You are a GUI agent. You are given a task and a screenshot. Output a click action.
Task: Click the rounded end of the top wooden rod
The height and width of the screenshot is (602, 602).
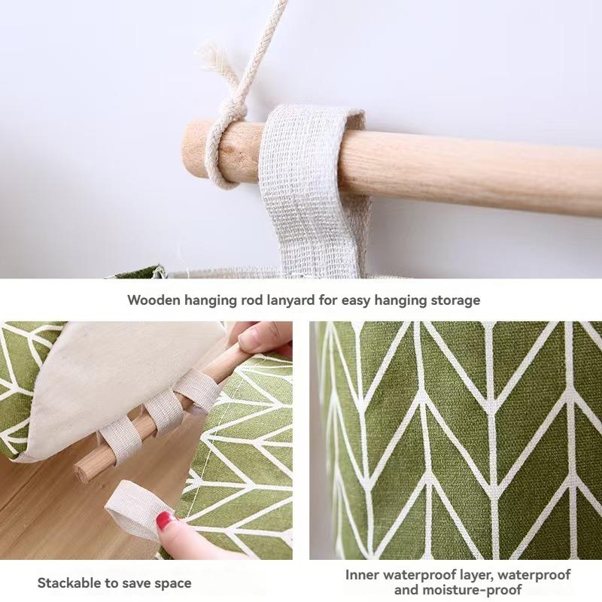pos(193,147)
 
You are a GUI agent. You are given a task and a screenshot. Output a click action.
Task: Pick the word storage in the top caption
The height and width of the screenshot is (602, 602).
pos(455,299)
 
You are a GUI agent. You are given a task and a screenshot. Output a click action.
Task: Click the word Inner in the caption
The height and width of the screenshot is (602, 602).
pos(364,575)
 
